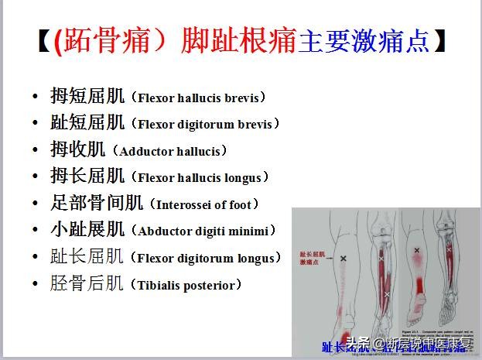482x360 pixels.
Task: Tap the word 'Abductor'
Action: pyautogui.click(x=163, y=231)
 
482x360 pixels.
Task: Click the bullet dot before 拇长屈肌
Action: pyautogui.click(x=35, y=177)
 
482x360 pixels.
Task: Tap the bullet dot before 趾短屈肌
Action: pyautogui.click(x=35, y=124)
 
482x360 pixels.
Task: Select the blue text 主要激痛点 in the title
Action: pyautogui.click(x=363, y=41)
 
